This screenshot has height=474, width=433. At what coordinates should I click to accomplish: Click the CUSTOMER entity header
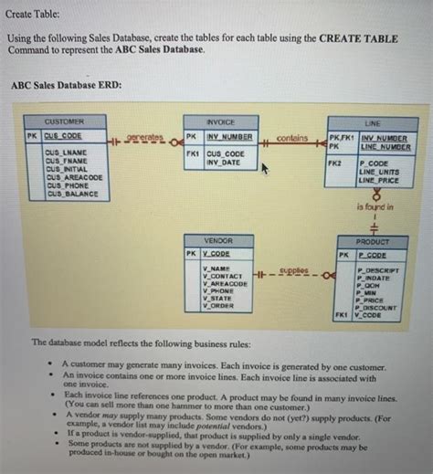click(x=66, y=121)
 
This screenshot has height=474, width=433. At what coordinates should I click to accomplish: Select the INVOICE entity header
click(x=220, y=121)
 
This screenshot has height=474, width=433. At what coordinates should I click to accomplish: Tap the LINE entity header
click(x=372, y=121)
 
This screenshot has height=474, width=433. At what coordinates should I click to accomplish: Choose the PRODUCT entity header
click(x=372, y=241)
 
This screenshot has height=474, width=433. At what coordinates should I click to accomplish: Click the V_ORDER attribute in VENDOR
click(x=217, y=307)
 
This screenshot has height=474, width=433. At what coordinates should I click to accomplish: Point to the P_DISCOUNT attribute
click(x=376, y=308)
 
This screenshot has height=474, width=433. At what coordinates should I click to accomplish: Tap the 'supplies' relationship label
click(x=294, y=270)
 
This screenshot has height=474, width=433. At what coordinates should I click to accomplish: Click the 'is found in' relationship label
click(x=375, y=207)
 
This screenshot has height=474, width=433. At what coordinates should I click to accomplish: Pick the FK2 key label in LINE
click(x=337, y=162)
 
